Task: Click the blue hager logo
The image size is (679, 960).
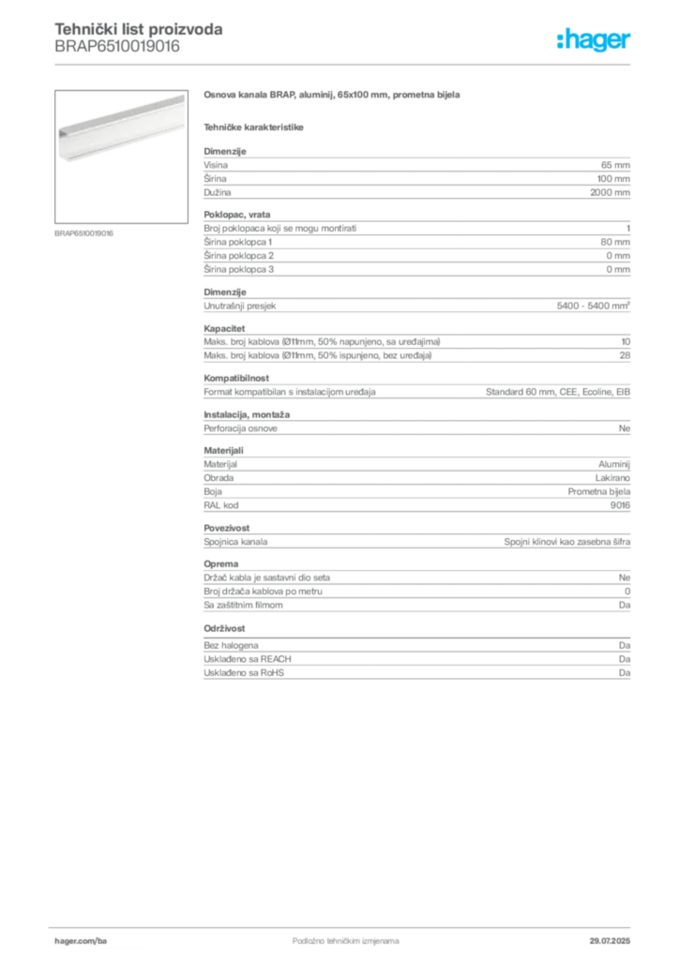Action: click(x=596, y=40)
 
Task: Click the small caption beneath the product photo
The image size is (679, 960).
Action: click(x=85, y=233)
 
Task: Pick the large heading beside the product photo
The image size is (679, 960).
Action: click(x=333, y=96)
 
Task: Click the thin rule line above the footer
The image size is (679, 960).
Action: click(x=345, y=924)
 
